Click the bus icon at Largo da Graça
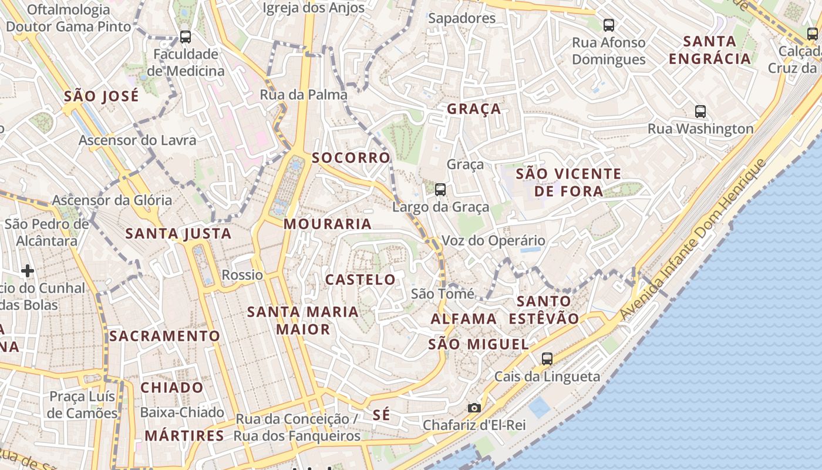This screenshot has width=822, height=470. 440,190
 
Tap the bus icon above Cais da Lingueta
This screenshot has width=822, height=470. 547,358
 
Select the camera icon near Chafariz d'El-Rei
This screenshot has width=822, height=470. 474,408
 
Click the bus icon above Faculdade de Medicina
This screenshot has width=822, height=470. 186,37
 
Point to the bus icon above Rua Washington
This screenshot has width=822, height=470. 700,112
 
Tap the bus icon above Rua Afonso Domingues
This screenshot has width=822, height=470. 609,25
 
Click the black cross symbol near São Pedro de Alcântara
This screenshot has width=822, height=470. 28,271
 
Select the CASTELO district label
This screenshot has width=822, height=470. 361,280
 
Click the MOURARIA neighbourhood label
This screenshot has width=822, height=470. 328,224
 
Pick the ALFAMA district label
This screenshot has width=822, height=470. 464,319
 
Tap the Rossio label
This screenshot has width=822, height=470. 242,275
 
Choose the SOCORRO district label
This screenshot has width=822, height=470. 351,157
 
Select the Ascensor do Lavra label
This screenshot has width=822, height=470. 137,140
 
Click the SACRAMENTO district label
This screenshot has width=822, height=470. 164,336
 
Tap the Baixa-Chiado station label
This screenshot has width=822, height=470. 182,412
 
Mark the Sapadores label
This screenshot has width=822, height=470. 462,18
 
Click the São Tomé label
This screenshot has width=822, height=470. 443,293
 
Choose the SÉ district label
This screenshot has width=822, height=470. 381,415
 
